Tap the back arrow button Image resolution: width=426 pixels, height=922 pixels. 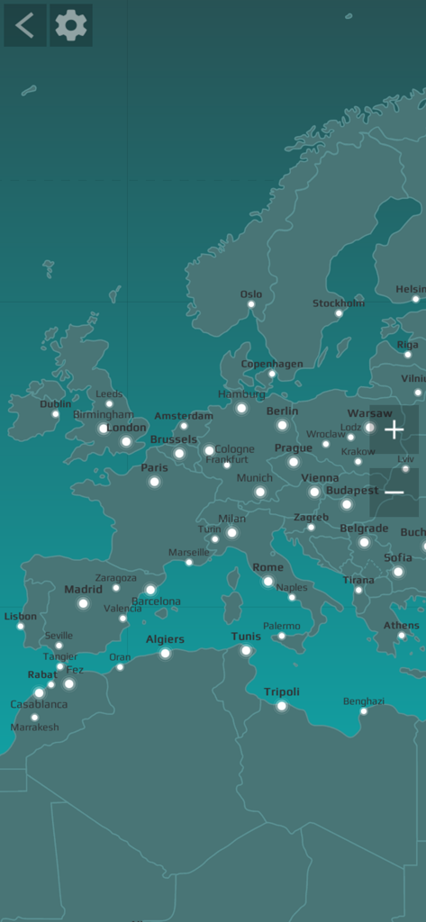[x=24, y=25]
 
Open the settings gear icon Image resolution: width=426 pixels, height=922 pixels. [x=71, y=25]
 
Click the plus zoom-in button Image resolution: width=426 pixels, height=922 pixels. [x=394, y=429]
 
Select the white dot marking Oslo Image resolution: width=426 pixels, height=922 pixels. [x=251, y=304]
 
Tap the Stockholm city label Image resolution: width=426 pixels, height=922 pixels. [x=339, y=303]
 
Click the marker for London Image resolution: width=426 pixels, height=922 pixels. [x=126, y=441]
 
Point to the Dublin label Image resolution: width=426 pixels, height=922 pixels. [x=56, y=404]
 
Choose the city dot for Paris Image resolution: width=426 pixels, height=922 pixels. [x=154, y=482]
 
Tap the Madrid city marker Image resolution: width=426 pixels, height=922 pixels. [x=83, y=603]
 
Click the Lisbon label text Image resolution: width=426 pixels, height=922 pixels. [x=21, y=617]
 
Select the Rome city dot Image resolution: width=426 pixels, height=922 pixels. [x=267, y=582]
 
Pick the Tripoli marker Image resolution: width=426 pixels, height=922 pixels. [x=282, y=706]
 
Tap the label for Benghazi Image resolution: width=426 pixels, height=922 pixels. [x=363, y=701]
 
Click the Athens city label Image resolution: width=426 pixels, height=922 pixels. [x=402, y=625]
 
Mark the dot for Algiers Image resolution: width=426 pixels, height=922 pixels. [x=165, y=654]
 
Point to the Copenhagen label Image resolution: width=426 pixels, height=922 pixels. [x=272, y=364]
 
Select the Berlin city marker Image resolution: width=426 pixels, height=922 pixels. [x=282, y=425]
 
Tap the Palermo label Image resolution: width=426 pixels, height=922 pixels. [x=282, y=626]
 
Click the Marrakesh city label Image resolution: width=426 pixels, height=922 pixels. [x=35, y=727]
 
